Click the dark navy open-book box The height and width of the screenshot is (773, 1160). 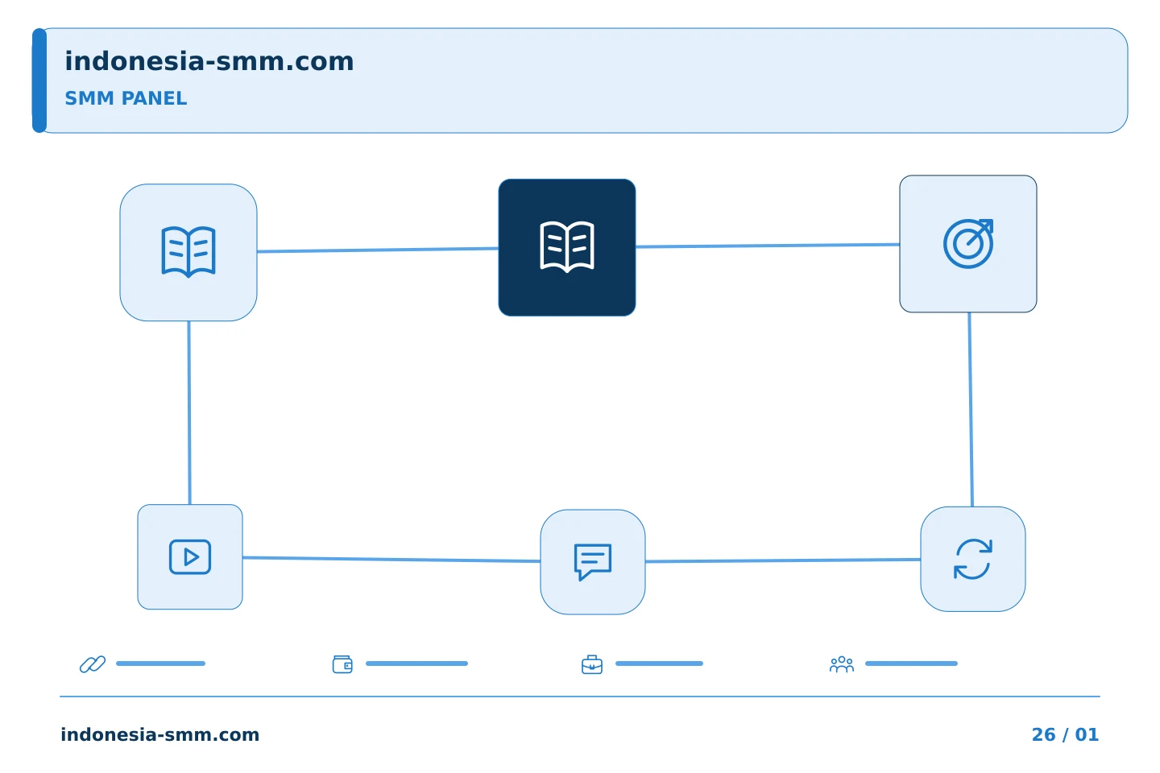coord(566,247)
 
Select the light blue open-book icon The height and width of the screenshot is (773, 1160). coord(188,252)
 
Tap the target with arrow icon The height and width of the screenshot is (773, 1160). coord(968,244)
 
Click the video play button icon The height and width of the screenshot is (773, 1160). coord(190,556)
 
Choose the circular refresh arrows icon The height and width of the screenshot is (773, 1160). coord(973,559)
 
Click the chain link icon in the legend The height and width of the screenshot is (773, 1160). coord(93,663)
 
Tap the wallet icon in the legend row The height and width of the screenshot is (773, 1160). coord(342,663)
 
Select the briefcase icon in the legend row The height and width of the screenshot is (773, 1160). coord(592,664)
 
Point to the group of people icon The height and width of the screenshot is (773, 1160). coord(842,664)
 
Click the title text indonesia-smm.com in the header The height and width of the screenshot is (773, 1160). coord(209,61)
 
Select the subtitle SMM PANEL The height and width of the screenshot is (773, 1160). coord(126,98)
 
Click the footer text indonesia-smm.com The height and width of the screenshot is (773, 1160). coord(160,734)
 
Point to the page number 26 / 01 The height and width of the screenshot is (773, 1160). coord(1065,734)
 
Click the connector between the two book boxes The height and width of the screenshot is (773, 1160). coord(378,250)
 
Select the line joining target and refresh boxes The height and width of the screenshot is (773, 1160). coord(971,410)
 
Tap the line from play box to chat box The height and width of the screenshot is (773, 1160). coord(391,559)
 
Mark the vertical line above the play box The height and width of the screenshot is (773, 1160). coord(189,412)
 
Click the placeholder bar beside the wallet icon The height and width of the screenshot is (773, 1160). coord(417,663)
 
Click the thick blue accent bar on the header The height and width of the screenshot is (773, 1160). coord(39,81)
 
